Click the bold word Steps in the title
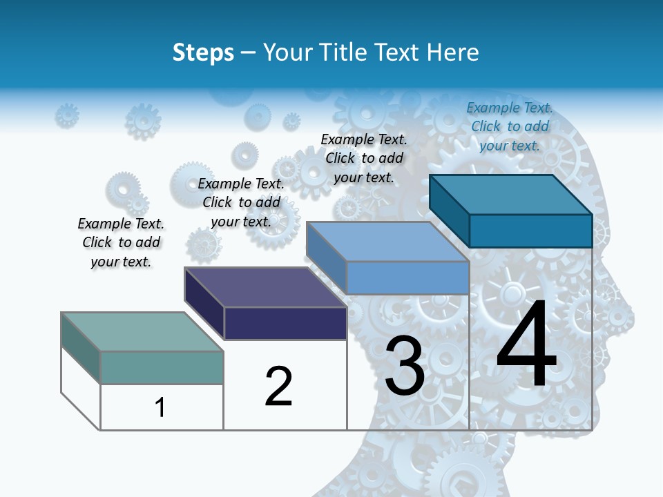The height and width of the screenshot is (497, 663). coord(203,52)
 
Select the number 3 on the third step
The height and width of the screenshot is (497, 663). coord(405,367)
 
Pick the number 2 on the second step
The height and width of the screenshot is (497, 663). coord(279,386)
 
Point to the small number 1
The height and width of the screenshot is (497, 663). coord(160,407)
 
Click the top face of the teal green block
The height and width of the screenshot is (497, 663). coord(142,331)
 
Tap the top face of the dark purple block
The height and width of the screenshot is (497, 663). coord(265,286)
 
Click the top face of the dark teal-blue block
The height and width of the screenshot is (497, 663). coord(511,194)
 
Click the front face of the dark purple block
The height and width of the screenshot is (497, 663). coord(285,323)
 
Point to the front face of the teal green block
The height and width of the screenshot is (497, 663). coord(162,367)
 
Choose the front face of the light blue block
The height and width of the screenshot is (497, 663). coord(407,277)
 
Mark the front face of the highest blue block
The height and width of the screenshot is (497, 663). coord(530,231)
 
